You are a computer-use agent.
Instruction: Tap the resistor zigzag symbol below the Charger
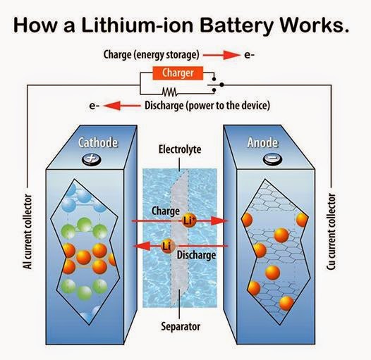170,92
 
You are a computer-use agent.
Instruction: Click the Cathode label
99,144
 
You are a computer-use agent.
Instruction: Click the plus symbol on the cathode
91,160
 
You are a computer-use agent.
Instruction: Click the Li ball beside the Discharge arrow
168,245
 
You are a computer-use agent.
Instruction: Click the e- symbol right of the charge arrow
249,54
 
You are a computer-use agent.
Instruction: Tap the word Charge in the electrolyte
166,210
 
